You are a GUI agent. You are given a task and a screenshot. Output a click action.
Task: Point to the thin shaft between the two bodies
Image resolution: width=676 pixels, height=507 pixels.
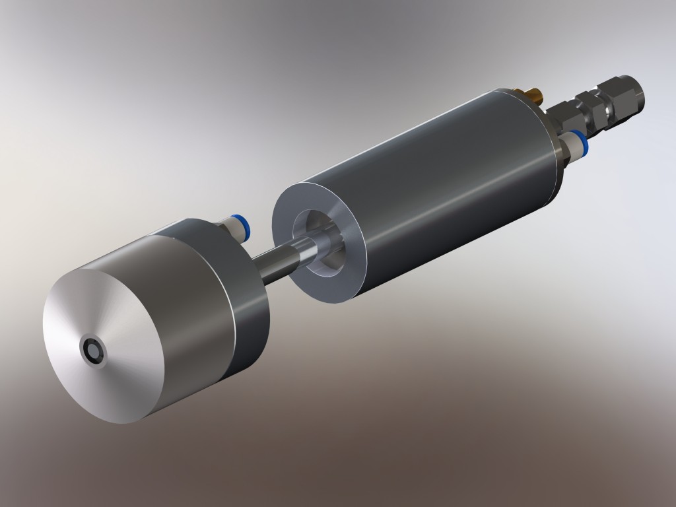point(277,260)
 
